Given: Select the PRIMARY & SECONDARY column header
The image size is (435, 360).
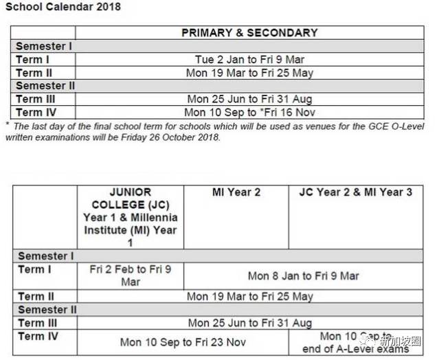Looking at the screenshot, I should coord(249,32).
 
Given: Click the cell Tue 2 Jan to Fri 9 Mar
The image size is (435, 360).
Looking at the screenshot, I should coord(249,60).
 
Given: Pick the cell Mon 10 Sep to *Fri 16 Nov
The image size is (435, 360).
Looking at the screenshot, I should coord(249,113).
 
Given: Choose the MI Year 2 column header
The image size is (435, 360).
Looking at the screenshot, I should coord(236,192).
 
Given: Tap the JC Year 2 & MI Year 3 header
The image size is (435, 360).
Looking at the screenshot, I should coord(356,192).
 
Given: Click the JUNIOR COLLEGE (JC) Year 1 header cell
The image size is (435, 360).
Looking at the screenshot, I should coord(130,216).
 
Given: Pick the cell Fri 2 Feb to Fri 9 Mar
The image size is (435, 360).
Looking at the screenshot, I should coord(130,275).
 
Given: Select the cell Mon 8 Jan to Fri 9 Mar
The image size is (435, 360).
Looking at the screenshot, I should coord(303,275).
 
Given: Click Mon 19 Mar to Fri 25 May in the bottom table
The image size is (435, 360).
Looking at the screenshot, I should coord(249,296).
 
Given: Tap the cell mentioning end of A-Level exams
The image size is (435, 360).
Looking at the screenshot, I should coord(356,342).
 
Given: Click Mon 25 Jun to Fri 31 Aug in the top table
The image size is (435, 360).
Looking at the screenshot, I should coord(249,99).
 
